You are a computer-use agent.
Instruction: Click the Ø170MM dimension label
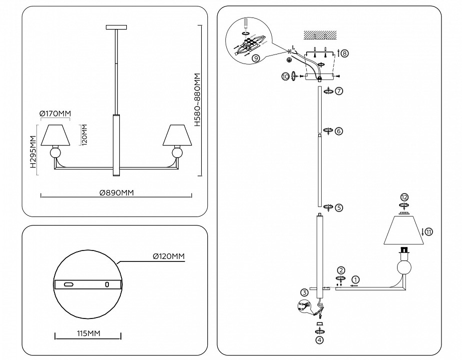[55, 114]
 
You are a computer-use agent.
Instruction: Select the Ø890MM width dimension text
[116, 191]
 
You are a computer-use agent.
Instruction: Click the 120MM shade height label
[85, 133]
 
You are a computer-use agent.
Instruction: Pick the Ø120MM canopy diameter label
[169, 256]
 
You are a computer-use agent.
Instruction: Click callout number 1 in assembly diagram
[355, 279]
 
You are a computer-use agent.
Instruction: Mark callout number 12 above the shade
[405, 197]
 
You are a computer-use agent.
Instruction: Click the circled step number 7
[339, 91]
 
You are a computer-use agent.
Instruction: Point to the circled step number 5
[339, 207]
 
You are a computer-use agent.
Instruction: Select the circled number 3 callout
[304, 292]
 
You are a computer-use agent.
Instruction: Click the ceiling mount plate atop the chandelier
[117, 27]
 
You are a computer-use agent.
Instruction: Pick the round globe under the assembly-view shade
[405, 267]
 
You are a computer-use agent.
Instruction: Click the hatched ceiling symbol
[321, 35]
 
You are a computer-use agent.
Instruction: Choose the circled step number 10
[285, 76]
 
